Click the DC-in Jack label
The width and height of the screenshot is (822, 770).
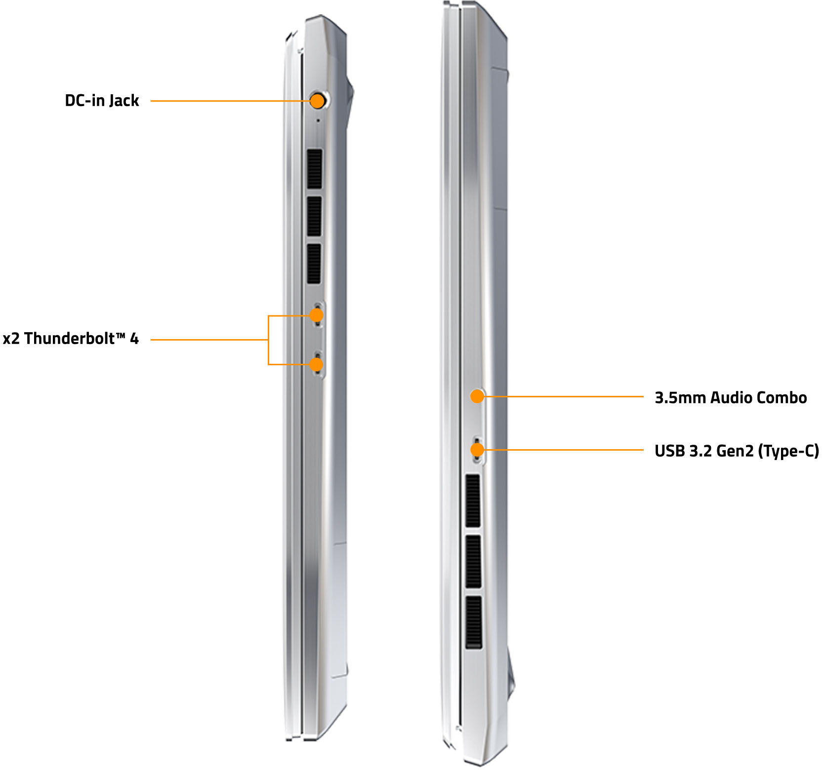[102, 101]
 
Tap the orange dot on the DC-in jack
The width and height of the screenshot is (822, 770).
[317, 101]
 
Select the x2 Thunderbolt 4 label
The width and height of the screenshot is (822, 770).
[71, 339]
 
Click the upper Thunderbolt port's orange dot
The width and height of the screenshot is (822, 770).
[316, 315]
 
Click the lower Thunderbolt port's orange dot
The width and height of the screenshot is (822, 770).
[316, 364]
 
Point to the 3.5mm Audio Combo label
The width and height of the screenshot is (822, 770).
[731, 397]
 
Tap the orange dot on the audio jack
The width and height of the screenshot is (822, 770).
[477, 396]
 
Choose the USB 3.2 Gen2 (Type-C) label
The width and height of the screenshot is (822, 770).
[737, 451]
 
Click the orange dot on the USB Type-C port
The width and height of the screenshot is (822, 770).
[477, 450]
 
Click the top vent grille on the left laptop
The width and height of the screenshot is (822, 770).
[314, 169]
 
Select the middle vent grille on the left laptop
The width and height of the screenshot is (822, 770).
[314, 216]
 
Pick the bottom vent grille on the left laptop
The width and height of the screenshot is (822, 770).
[314, 264]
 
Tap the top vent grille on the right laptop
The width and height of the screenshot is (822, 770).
[473, 501]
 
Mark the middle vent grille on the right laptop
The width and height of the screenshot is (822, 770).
[473, 562]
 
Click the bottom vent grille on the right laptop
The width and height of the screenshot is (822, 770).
[473, 622]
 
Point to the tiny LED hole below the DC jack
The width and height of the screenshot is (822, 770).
[318, 120]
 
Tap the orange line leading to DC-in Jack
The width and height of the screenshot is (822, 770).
[231, 101]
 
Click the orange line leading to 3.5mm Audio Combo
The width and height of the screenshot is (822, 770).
[564, 396]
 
